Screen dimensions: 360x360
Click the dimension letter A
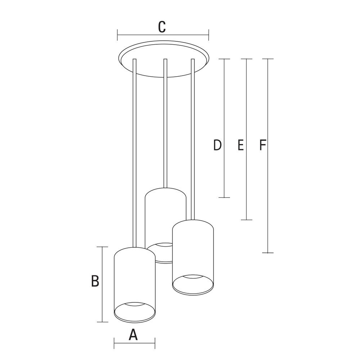point(133,334)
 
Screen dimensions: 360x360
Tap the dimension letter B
point(95,281)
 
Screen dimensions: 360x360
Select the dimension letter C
point(162,27)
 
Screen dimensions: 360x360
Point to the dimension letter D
point(217,145)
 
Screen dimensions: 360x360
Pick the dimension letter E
point(240,145)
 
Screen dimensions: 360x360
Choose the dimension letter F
point(262,145)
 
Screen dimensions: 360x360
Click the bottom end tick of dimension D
point(224,197)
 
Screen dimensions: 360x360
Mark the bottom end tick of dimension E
point(247,220)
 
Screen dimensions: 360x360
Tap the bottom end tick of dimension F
point(268,253)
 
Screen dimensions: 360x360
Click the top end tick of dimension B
point(102,247)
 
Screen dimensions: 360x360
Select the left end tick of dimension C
point(117,35)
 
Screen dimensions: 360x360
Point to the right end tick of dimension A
point(155,343)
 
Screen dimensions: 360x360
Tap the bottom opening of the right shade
point(193,285)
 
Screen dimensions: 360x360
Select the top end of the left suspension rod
point(135,59)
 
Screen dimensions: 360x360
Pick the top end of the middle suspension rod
point(165,59)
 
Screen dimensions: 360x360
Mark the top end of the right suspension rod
point(193,59)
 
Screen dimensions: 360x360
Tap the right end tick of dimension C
point(208,35)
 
